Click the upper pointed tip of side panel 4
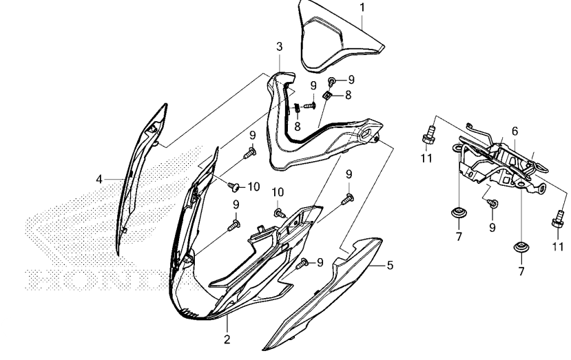[x=166, y=105]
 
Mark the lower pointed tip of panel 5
[x=264, y=350]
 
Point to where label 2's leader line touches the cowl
[x=227, y=315]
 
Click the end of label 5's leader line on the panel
[x=368, y=266]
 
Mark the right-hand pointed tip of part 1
[x=384, y=46]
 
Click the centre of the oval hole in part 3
[x=366, y=132]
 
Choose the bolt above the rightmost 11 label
[x=558, y=219]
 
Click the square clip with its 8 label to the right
[x=327, y=96]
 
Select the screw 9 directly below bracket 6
[x=492, y=203]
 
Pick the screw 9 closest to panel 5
[x=302, y=264]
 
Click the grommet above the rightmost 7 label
[x=521, y=247]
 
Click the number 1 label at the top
[x=362, y=8]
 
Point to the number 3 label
[x=280, y=47]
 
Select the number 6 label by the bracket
[x=515, y=131]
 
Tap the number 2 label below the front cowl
[x=227, y=339]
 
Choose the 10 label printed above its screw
[x=278, y=192]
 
